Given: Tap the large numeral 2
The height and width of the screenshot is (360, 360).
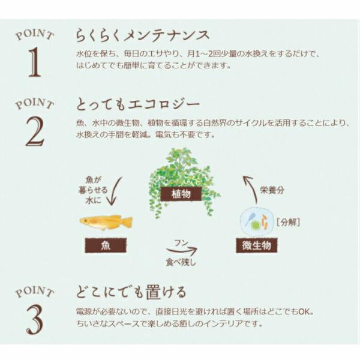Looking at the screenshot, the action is point(35,131).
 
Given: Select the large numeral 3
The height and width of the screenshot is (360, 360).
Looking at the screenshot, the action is point(35,319).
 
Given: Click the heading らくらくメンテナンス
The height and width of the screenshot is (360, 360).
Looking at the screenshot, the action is point(143,35).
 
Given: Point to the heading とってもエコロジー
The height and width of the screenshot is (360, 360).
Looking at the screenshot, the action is point(138,104).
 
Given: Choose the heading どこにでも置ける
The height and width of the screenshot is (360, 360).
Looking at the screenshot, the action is point(131,292).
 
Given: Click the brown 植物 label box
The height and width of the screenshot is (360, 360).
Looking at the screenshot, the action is point(181,194).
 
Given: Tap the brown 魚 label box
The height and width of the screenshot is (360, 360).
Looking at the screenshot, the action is point(106,245).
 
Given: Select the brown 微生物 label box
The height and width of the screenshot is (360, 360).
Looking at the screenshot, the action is point(257,245).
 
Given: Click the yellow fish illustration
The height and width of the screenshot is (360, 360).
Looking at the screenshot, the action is point(106,222).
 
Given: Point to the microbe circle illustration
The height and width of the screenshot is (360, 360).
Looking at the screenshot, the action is point(257,221).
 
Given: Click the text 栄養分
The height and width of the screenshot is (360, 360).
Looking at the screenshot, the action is point(272,190).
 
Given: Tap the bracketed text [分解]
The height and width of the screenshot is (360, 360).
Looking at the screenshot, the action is point(289,222).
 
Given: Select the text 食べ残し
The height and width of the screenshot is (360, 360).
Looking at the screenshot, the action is point(181,262).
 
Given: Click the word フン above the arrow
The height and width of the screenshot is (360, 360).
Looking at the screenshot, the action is point(181,243).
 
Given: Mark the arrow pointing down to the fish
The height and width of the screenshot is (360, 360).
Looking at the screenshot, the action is point(115,191).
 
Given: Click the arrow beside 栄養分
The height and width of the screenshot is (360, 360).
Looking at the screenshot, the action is point(251,189).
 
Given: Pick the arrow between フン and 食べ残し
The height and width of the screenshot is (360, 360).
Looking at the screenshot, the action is point(182,250).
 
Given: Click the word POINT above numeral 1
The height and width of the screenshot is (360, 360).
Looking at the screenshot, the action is point(35,35).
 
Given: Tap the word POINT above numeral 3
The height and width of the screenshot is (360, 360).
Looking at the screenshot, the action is point(35,292).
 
